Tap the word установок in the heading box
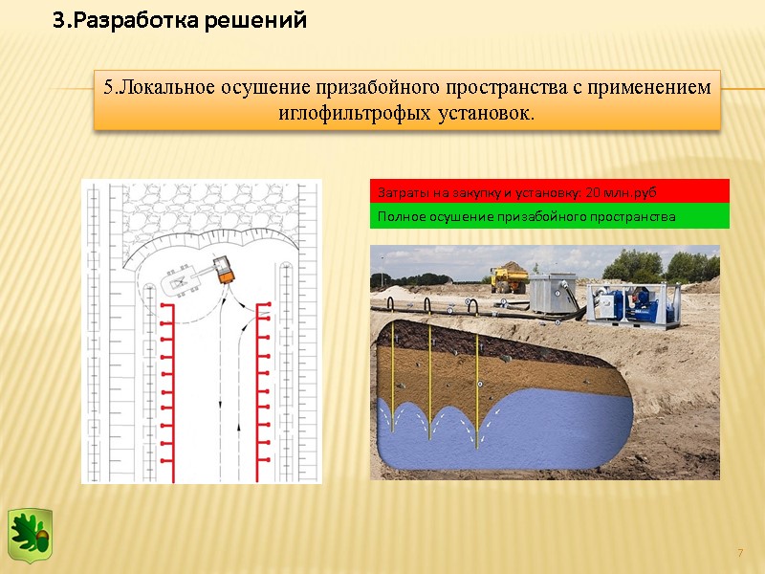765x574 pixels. [485, 113]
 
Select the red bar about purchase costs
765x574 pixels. [549, 192]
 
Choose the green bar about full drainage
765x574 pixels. [549, 217]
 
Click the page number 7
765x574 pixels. [739, 554]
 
